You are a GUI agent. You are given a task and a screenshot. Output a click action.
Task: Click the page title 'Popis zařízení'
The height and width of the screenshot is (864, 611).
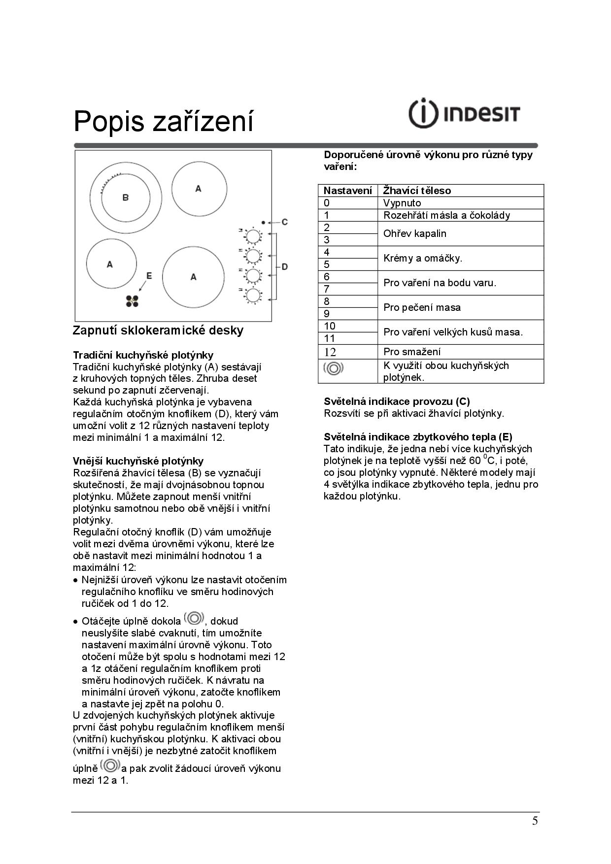pos(163,121)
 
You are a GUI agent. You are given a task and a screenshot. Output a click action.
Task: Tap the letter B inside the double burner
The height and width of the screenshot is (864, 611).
pos(125,198)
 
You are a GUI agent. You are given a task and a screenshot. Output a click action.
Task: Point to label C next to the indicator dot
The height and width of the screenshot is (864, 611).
pos(285,222)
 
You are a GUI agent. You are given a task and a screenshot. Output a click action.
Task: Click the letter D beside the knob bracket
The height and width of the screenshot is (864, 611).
pos(285,267)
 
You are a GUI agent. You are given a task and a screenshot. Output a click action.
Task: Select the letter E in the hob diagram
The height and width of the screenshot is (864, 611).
pos(149,276)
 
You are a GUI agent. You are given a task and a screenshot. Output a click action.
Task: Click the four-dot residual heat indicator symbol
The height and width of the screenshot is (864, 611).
pos(132,301)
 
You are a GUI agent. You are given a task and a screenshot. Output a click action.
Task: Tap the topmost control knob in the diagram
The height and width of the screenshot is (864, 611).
pos(253,235)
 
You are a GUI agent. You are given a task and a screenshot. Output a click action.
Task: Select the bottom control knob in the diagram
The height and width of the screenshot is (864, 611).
pos(253,296)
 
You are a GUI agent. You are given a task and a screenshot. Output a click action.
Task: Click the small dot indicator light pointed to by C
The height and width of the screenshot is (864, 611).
pos(264,222)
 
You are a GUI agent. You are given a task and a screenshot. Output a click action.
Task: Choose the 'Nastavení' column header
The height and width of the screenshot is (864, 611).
pos(347,191)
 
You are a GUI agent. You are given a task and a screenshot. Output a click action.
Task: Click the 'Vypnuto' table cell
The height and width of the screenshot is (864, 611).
pos(402,203)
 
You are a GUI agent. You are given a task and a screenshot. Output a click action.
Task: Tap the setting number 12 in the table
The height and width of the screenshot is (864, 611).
pos(330,352)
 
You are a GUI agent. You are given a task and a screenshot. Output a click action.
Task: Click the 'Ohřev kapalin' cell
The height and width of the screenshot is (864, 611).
pos(415,233)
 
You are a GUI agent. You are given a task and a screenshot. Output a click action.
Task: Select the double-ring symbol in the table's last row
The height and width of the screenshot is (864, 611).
pos(333,368)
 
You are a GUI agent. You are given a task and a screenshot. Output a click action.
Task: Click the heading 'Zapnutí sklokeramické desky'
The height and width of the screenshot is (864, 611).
pos(158,330)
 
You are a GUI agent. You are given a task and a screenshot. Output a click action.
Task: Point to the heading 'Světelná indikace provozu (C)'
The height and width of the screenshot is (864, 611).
pos(397,401)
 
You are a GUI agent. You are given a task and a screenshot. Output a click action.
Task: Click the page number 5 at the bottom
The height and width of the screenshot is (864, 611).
pos(535,821)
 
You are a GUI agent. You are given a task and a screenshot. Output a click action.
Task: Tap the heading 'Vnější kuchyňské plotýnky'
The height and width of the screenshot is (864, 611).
pos(138,461)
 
